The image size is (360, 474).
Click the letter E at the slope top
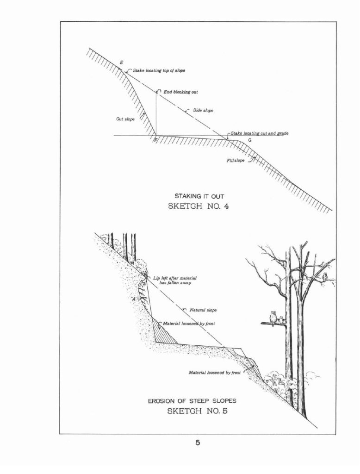point(122,62)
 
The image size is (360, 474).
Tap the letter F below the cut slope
point(155,140)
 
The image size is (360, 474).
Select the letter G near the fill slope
point(250,141)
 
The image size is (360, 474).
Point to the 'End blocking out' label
point(181,92)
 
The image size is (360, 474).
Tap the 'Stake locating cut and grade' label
point(260,133)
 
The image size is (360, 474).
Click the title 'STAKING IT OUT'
point(199,196)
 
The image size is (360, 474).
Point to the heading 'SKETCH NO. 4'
point(199,207)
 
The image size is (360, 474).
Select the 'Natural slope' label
point(203,310)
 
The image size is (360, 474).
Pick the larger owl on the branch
point(273,317)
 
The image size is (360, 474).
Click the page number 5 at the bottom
point(198,443)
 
